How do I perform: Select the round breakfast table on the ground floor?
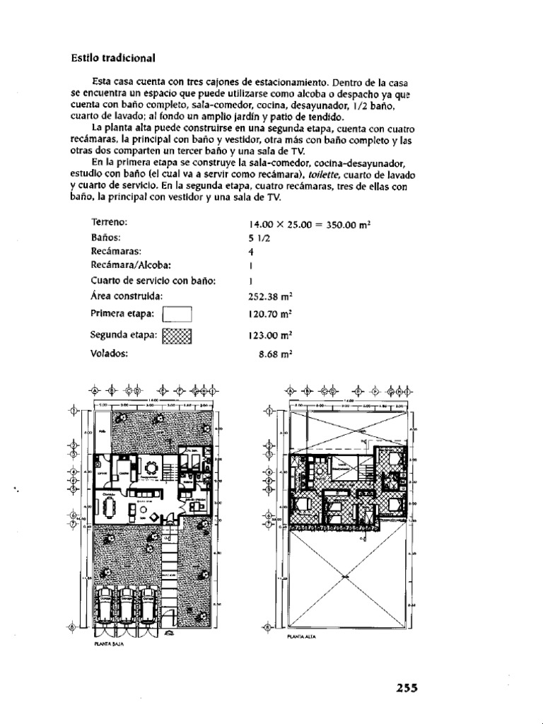(x=152, y=467)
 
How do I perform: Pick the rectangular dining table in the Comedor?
(x=107, y=508)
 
